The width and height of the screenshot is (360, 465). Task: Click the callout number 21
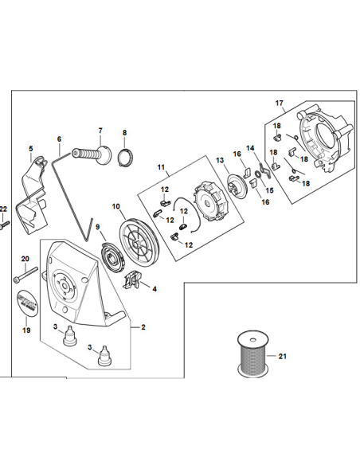point(282,356)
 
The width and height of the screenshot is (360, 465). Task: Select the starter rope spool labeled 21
point(253,354)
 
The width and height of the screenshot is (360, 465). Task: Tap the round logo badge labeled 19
point(27,303)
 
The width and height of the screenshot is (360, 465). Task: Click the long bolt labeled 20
point(25,275)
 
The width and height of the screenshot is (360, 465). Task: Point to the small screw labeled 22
point(5,225)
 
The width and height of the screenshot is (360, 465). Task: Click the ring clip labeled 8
point(126,158)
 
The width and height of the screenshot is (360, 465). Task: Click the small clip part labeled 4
point(131,280)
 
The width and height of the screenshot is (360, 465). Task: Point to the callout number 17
point(279,104)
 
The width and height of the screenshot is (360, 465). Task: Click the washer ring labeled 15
point(258,174)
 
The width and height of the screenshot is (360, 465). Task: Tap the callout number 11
point(161,167)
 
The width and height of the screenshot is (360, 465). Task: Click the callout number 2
point(143,327)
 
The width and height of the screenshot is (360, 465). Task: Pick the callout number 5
point(31,149)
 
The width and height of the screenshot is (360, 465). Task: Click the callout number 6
point(59,139)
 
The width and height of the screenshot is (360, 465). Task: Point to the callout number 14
point(251,147)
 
